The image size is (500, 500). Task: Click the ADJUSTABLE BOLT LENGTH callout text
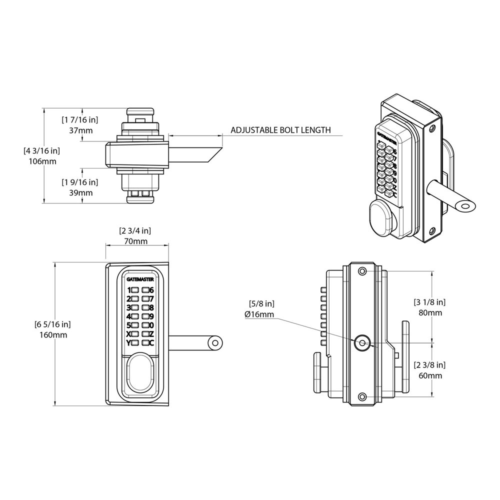(280, 130)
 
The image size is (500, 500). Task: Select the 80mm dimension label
(430, 312)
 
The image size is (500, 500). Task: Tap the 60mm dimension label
(430, 375)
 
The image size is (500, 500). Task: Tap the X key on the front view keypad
(129, 334)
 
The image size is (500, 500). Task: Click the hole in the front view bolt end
(215, 343)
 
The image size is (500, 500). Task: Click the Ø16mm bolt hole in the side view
(361, 343)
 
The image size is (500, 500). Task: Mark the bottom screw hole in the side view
(361, 396)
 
